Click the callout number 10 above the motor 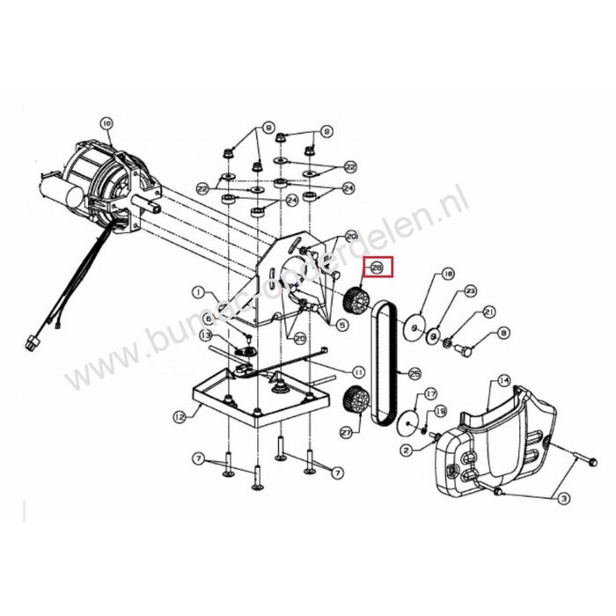coord(106,124)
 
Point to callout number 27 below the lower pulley coord(344,434)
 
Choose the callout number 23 coord(469,291)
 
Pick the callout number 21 coord(489,311)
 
